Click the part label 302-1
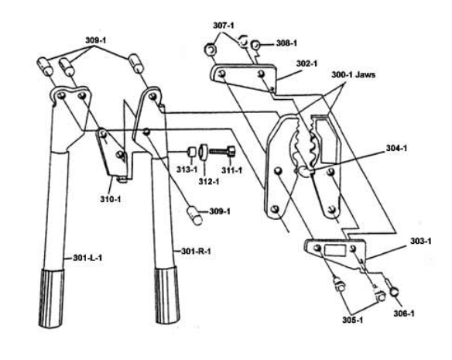coord(306,63)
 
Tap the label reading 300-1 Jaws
coord(354,75)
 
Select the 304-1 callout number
coord(396,149)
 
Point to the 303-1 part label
coord(421,241)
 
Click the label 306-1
coord(404,314)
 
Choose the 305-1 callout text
coord(353,320)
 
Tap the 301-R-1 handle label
coord(196,252)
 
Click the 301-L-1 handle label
coord(87,258)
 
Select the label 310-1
coord(111,199)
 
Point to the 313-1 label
coord(187,170)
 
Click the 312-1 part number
coord(209,182)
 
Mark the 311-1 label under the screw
coord(231,170)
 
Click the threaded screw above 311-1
coord(222,151)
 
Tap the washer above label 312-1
coord(204,153)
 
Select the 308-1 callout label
coord(286,43)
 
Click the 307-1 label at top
coord(224,26)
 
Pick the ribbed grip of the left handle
coord(51,298)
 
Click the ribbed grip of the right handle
coord(167,296)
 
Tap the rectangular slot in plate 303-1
coord(335,250)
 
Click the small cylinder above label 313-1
coord(192,152)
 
